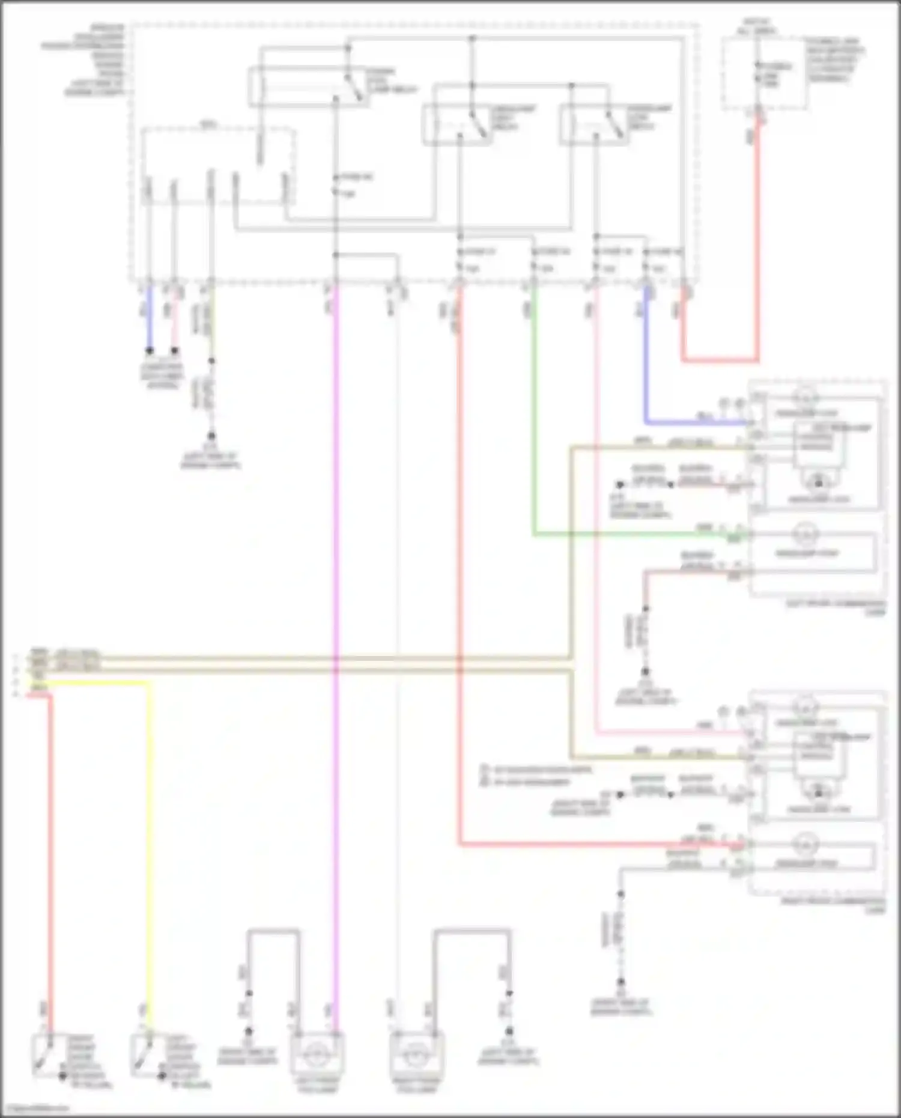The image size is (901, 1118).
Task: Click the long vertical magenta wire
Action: click(x=335, y=601)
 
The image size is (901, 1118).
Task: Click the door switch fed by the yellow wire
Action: click(x=144, y=1054)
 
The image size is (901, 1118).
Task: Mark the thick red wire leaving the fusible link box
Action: click(x=757, y=240)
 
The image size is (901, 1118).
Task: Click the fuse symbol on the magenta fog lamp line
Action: click(x=336, y=184)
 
